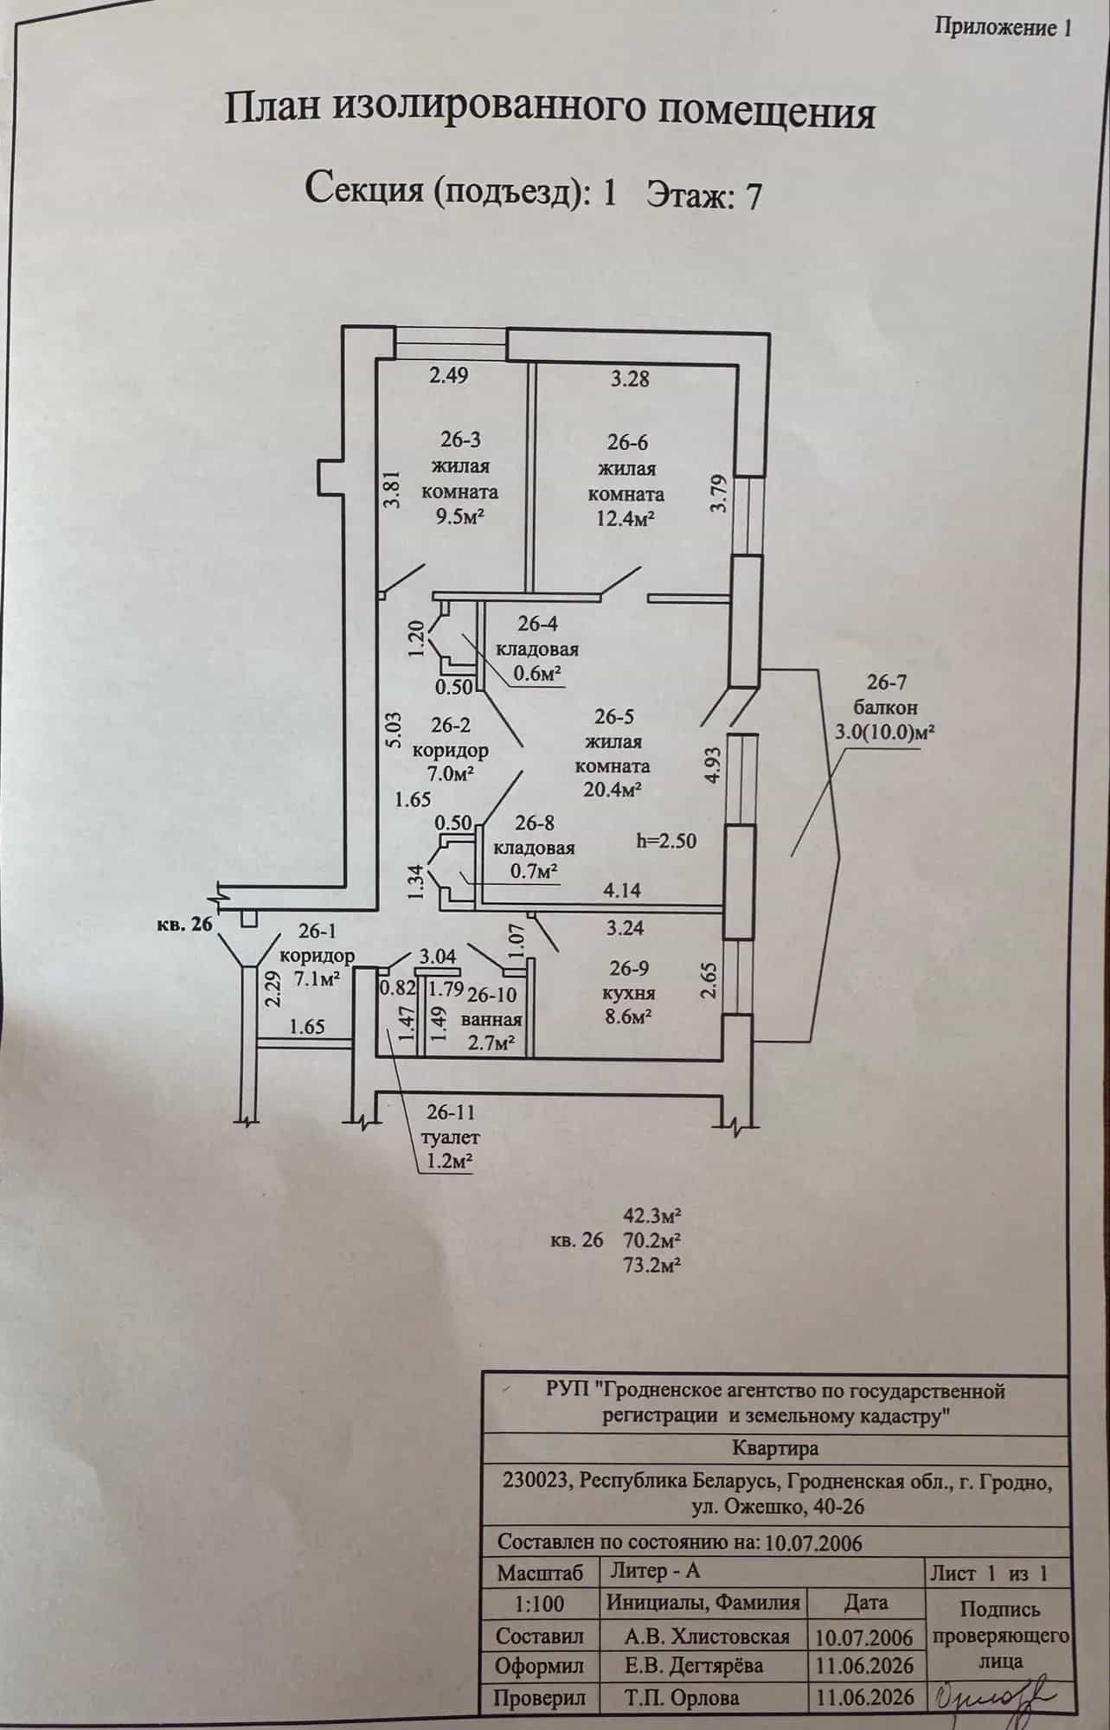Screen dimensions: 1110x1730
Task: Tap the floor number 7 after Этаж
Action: (x=754, y=196)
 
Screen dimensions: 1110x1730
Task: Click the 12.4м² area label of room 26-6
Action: (x=620, y=520)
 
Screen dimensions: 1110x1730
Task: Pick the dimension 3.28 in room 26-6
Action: (x=630, y=379)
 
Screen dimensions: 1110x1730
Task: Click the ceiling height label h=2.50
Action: (x=665, y=840)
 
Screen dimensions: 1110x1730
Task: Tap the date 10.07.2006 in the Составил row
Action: (x=865, y=1637)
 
